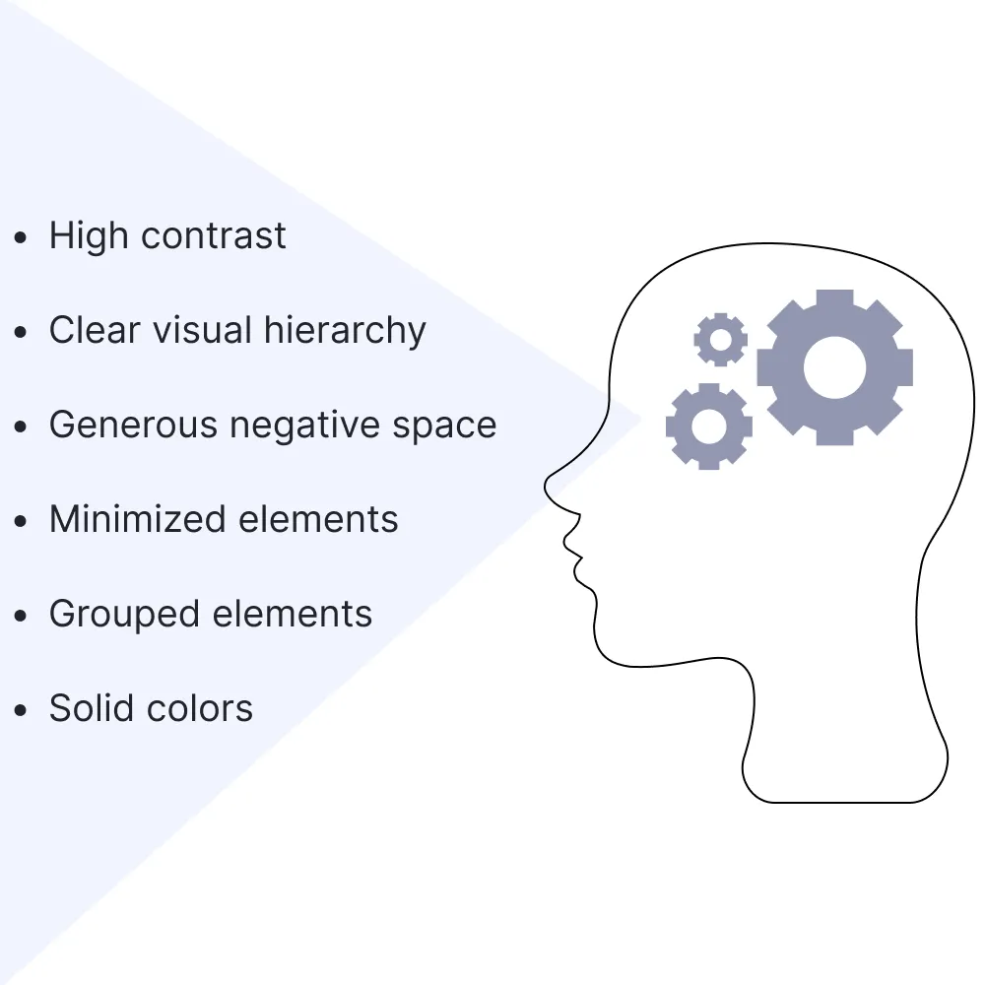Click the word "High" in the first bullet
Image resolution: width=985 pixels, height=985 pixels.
coord(89,236)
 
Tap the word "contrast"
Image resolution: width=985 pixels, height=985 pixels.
coord(213,236)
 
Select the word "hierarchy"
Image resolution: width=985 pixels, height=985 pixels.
coord(345,331)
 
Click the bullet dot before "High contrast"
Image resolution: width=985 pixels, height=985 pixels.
coord(21,237)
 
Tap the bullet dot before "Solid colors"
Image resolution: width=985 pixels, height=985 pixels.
coord(21,710)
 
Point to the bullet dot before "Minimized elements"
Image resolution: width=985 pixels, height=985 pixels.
coord(21,521)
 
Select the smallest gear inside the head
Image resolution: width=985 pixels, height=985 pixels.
coord(721,340)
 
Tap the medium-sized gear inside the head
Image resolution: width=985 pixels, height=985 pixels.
coord(709,427)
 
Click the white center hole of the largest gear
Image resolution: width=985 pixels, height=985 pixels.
coord(835,367)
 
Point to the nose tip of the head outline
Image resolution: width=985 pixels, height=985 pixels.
coord(546,484)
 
